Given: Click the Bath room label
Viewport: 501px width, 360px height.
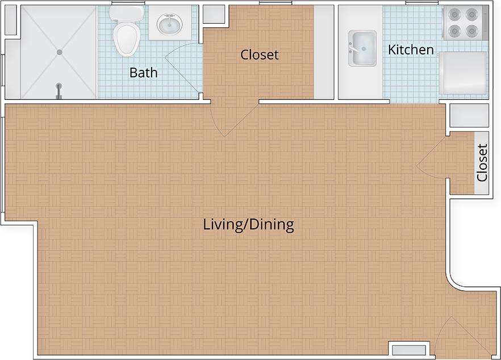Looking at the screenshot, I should tap(143, 73).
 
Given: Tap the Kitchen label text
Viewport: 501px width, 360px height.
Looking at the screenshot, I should tap(411, 50).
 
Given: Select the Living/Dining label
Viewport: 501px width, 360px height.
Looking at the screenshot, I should tap(248, 225).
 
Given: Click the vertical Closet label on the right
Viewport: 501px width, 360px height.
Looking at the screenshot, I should tap(482, 162).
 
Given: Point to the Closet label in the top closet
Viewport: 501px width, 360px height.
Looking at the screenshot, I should tap(260, 55).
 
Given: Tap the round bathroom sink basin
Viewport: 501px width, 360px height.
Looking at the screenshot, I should tap(166, 24).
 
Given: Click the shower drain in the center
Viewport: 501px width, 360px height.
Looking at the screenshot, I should tap(59, 52).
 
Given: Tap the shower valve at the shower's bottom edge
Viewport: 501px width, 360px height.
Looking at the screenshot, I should tap(58, 90).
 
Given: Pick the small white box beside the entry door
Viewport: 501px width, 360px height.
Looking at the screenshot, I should tap(408, 350).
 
